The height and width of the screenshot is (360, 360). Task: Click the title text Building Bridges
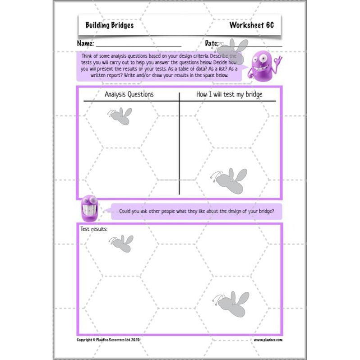pyautogui.click(x=109, y=25)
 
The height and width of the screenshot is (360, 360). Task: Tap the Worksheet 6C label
pyautogui.click(x=251, y=25)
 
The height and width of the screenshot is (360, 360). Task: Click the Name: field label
pyautogui.click(x=85, y=44)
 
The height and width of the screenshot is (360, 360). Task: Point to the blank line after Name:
pyautogui.click(x=138, y=46)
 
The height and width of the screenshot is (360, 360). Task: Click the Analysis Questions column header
pyautogui.click(x=129, y=94)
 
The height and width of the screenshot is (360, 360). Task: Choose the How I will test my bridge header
pyautogui.click(x=229, y=94)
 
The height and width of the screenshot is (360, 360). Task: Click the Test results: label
pyautogui.click(x=94, y=229)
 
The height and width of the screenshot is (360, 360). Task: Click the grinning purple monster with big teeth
pyautogui.click(x=89, y=208)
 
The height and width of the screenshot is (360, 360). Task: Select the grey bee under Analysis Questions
pyautogui.click(x=120, y=115)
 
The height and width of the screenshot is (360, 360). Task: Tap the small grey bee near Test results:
pyautogui.click(x=121, y=243)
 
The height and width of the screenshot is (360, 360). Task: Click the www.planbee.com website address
pyautogui.click(x=268, y=340)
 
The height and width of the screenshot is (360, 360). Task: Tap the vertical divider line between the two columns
pyautogui.click(x=179, y=144)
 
